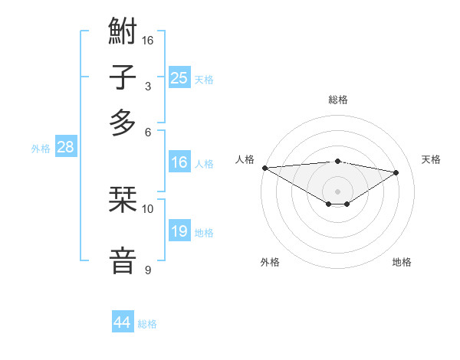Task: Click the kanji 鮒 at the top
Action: [x=123, y=32]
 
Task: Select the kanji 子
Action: [x=123, y=77]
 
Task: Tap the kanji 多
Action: [x=123, y=123]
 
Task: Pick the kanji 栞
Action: [x=123, y=200]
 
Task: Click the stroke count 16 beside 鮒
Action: [x=148, y=40]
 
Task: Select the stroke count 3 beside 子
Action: [x=147, y=86]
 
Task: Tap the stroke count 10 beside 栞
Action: [x=148, y=208]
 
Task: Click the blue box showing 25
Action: [x=179, y=78]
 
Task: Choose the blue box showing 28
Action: [x=65, y=148]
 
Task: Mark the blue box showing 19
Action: [x=179, y=231]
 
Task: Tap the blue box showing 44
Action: [x=122, y=322]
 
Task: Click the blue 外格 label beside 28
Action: [x=41, y=149]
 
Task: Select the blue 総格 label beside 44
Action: [x=147, y=324]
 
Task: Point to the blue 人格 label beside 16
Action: [x=204, y=163]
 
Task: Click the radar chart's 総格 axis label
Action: [x=337, y=100]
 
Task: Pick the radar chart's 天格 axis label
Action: [x=431, y=159]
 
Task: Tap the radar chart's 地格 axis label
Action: [x=402, y=262]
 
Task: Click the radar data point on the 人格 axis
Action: [x=264, y=168]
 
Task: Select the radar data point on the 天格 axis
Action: [x=396, y=172]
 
